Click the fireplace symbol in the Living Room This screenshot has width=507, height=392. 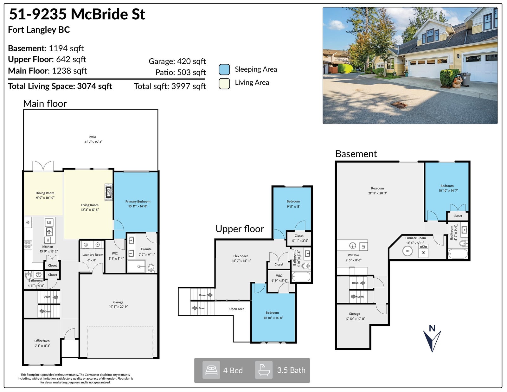pos(109,192)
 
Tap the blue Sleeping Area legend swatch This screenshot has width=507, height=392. pos(224,69)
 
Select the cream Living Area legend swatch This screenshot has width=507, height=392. pos(224,84)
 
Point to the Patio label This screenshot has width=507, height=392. pos(93,137)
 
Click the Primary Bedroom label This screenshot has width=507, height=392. pos(138,201)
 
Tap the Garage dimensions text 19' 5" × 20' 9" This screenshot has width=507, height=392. pos(119,307)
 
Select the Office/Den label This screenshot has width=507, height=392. pos(42,341)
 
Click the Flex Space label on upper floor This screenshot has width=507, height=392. pos(241,256)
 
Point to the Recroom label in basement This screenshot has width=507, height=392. pos(377,188)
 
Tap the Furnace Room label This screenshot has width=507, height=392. pos(415,238)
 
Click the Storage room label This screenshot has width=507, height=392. pos(355,314)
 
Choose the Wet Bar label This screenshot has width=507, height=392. pos(354,255)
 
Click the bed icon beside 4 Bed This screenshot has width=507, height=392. pos(211,370)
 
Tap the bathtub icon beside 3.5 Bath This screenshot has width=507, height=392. pos(264,370)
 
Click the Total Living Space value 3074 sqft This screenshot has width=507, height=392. pos(94,86)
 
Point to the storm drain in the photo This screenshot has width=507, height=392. pos(399,105)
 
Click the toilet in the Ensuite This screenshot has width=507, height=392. pos(151,268)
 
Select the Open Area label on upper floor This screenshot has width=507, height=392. pos(237,309)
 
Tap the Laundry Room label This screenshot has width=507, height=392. pos(93,254)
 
